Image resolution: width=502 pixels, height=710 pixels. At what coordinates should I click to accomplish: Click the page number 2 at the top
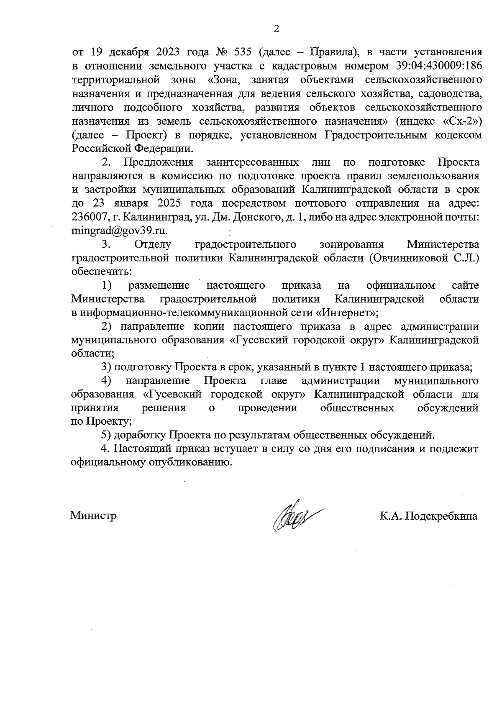click(276, 29)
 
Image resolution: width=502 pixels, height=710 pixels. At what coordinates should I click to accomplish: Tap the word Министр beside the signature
click(93, 515)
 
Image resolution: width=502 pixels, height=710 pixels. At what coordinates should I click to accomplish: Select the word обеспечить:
click(102, 272)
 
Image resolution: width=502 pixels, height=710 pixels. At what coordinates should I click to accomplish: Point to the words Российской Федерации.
click(132, 149)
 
